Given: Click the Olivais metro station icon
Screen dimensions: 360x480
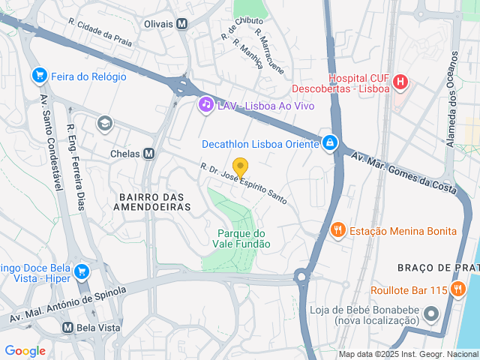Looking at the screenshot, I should (x=182, y=23).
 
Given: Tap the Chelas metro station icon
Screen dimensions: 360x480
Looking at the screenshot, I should (x=149, y=153).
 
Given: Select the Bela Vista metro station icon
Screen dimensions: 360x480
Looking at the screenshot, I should (x=67, y=328).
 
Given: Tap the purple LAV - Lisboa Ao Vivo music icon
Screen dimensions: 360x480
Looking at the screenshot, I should (x=205, y=105).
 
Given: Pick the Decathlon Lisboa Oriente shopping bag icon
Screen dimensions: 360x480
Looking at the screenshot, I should (x=329, y=142).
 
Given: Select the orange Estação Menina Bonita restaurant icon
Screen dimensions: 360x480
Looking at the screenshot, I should (x=338, y=230).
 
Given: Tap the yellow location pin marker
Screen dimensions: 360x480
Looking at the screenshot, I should (x=240, y=167).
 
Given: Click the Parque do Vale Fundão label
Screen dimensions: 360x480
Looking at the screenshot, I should (x=244, y=238).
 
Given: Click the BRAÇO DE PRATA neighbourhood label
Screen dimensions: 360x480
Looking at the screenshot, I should (x=437, y=268).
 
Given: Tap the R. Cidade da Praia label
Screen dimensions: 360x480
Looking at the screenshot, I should (x=99, y=33).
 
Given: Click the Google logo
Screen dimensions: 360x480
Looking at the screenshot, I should (x=25, y=351).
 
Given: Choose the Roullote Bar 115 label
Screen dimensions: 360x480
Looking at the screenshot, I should (x=409, y=290).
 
